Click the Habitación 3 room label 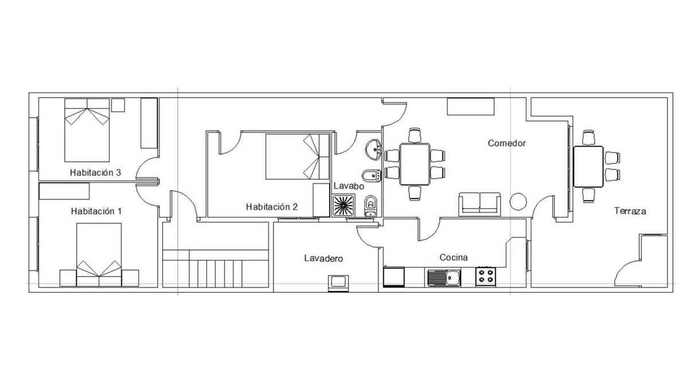(96, 173)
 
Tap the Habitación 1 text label (96, 212)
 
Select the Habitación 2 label (272, 207)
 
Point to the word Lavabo (349, 186)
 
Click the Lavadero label (323, 259)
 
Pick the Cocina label (454, 257)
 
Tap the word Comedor (507, 143)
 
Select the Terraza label (630, 211)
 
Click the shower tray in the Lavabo (343, 205)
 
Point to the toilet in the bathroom (371, 206)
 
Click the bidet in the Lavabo (372, 176)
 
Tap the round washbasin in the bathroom (373, 150)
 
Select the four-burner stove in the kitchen (486, 277)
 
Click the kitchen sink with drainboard (444, 277)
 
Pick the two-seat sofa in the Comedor (480, 204)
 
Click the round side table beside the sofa (518, 201)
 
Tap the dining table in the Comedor (415, 165)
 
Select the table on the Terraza (588, 167)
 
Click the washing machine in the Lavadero (338, 283)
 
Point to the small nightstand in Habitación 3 (118, 105)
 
